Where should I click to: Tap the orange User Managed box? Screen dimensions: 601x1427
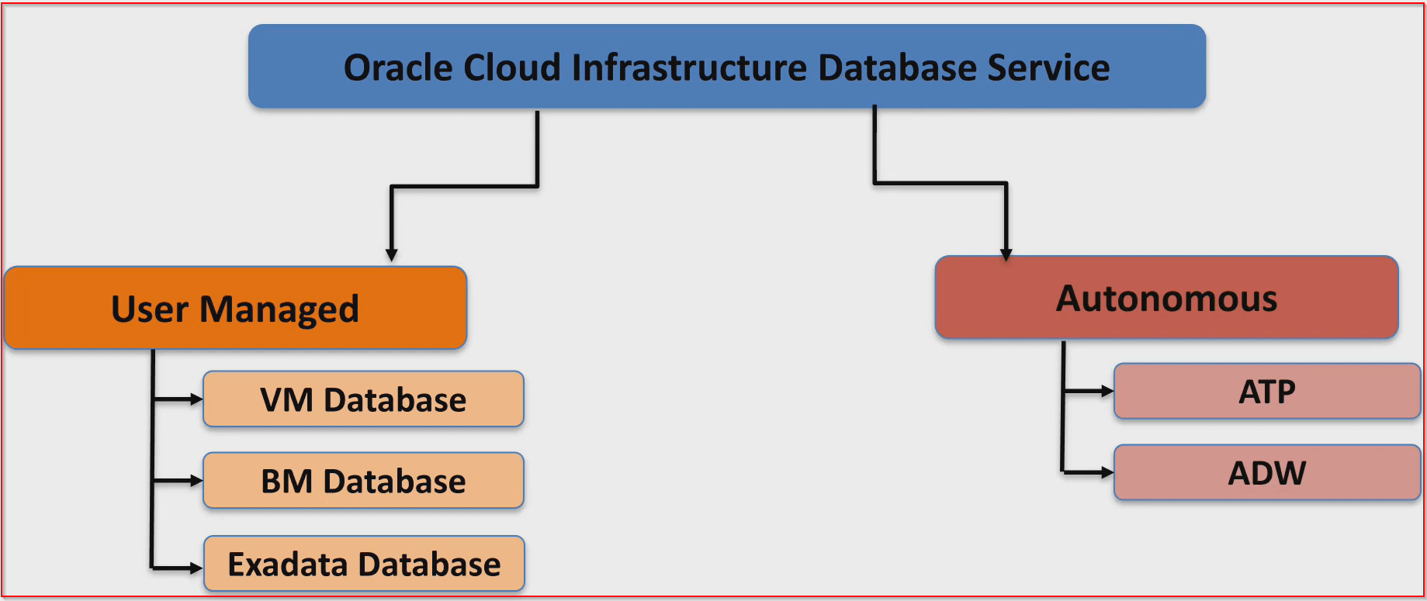(235, 309)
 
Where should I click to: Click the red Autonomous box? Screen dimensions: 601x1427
(1166, 299)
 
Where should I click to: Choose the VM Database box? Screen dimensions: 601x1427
(363, 399)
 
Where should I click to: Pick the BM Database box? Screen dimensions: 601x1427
(363, 481)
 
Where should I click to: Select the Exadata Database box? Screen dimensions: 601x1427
(364, 564)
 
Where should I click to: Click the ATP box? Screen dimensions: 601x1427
(1266, 392)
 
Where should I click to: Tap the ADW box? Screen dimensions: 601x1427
(1266, 473)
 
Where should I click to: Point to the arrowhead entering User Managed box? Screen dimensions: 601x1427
(392, 255)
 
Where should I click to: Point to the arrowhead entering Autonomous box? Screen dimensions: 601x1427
(1006, 254)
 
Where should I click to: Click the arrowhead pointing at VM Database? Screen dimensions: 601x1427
(196, 399)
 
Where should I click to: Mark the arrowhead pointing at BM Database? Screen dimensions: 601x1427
(196, 481)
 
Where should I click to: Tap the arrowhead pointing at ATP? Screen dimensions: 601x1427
(1107, 392)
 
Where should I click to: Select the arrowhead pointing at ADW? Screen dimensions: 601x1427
(1107, 472)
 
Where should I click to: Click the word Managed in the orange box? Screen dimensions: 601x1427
(279, 309)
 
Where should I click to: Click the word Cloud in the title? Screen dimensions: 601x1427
(511, 68)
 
